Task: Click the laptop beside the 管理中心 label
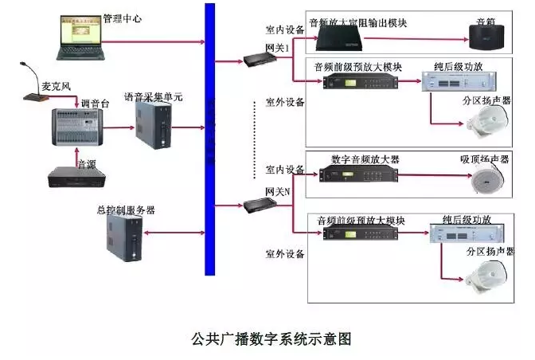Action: click(79, 36)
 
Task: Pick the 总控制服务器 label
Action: click(128, 210)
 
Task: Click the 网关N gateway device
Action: click(258, 205)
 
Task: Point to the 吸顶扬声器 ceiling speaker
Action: click(483, 182)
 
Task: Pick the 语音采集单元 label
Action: click(153, 97)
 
